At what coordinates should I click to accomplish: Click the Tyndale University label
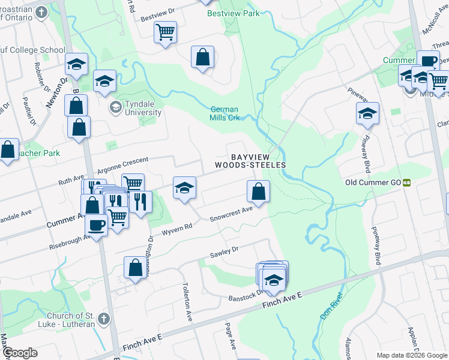pyautogui.click(x=143, y=108)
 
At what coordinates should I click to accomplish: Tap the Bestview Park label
pyautogui.click(x=234, y=13)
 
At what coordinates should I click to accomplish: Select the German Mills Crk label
pyautogui.click(x=224, y=113)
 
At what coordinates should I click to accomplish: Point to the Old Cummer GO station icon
pyautogui.click(x=406, y=182)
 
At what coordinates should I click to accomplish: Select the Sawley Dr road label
pyautogui.click(x=224, y=252)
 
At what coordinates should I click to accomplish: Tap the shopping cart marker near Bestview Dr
pyautogui.click(x=165, y=32)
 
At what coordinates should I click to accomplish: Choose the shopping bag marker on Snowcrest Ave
pyautogui.click(x=258, y=191)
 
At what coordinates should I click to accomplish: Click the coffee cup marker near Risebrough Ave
pyautogui.click(x=96, y=225)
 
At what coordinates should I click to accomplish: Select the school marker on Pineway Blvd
pyautogui.click(x=367, y=113)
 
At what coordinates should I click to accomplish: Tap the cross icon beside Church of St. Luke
pyautogui.click(x=103, y=317)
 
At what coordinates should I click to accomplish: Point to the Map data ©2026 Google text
pyautogui.click(x=411, y=355)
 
